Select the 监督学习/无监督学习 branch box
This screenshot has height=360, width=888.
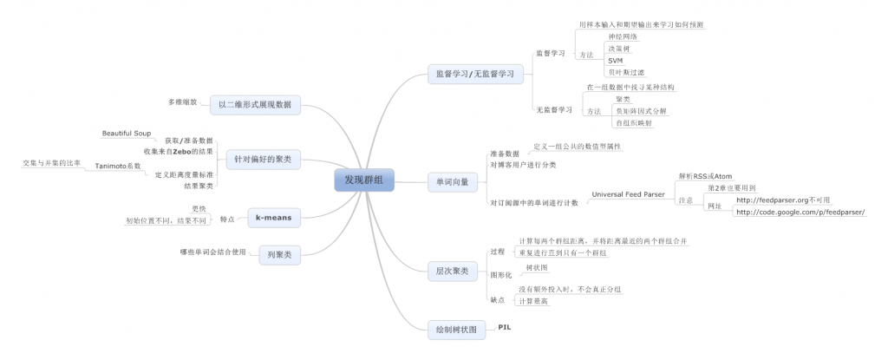pyautogui.click(x=473, y=75)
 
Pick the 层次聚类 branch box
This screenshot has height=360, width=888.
pyautogui.click(x=452, y=272)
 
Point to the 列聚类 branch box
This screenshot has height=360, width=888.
pyautogui.click(x=278, y=254)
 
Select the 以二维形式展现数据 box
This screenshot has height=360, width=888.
pyautogui.click(x=255, y=105)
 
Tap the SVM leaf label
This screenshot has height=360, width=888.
pyautogui.click(x=615, y=61)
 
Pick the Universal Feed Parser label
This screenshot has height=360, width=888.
pyautogui.click(x=630, y=194)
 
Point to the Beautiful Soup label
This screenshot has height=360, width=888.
pyautogui.click(x=127, y=134)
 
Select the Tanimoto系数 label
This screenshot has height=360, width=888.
pyautogui.click(x=117, y=165)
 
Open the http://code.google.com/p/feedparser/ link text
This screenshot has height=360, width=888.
pyautogui.click(x=800, y=212)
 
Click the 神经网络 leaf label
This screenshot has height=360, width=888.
pyautogui.click(x=623, y=37)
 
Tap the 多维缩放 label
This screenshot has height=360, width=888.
pyautogui.click(x=183, y=101)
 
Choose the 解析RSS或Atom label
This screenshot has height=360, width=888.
pyautogui.click(x=705, y=175)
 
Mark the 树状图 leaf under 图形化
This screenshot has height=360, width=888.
pyautogui.click(x=538, y=268)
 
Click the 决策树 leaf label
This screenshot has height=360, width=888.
pyautogui.click(x=619, y=49)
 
